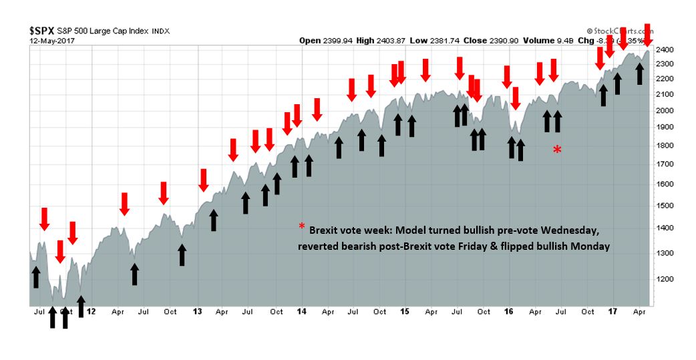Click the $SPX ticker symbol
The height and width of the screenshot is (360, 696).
[x=43, y=31]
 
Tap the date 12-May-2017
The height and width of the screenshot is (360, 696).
[x=52, y=40]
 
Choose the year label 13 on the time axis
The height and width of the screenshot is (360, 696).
[x=197, y=311]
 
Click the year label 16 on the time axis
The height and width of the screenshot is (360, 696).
[x=509, y=311]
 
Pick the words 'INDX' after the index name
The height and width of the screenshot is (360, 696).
[x=161, y=31]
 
